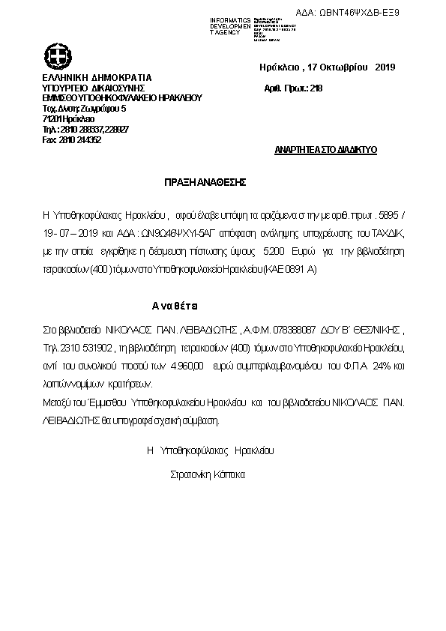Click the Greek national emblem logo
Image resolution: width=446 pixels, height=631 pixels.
(57, 56)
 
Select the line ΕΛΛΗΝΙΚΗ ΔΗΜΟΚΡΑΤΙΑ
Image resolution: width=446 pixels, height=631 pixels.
(97, 77)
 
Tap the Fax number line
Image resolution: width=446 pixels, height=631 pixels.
(72, 140)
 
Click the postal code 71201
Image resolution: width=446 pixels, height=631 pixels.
(52, 119)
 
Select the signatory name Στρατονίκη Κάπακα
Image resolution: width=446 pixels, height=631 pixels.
(208, 474)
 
